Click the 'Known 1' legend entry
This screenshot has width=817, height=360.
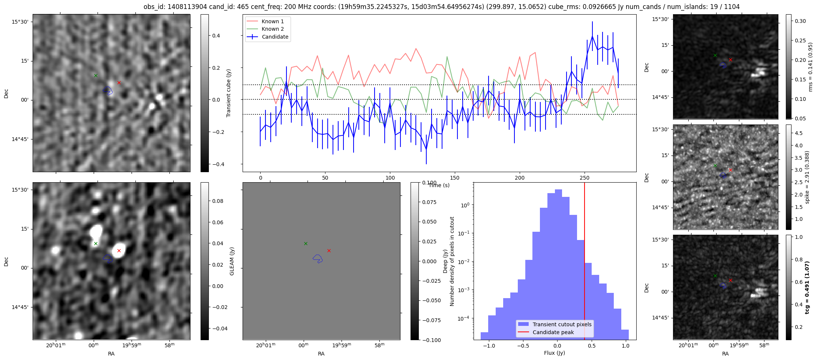[x=273, y=21]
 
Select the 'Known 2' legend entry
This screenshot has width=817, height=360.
[x=273, y=29]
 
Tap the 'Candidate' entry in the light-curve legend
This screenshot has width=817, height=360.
[x=275, y=37]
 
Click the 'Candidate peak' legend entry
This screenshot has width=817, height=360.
[x=553, y=332]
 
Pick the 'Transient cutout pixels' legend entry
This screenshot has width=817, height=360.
[x=562, y=324]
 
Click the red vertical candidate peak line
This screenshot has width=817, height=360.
[x=585, y=262]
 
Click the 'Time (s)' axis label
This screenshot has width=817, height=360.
[x=439, y=185]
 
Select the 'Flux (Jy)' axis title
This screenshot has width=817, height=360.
[x=554, y=353]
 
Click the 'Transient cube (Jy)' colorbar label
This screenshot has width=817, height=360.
[x=228, y=93]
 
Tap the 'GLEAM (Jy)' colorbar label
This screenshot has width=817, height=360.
[x=232, y=261]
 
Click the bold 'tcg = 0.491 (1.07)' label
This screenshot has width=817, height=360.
[x=807, y=287]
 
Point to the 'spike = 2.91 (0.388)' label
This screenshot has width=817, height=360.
[x=807, y=177]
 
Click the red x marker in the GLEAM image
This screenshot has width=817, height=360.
[x=119, y=250]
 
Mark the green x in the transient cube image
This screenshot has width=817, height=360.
[x=96, y=75]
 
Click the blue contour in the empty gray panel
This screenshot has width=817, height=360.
[x=318, y=258]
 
